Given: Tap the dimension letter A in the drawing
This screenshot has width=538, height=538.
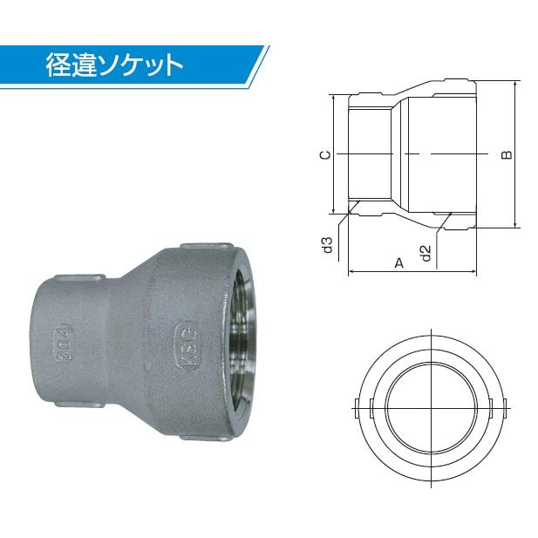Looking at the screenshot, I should [x=398, y=262].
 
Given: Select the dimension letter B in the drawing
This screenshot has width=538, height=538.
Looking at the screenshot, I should [x=507, y=155].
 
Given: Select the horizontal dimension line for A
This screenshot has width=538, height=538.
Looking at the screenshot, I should [x=414, y=272].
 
